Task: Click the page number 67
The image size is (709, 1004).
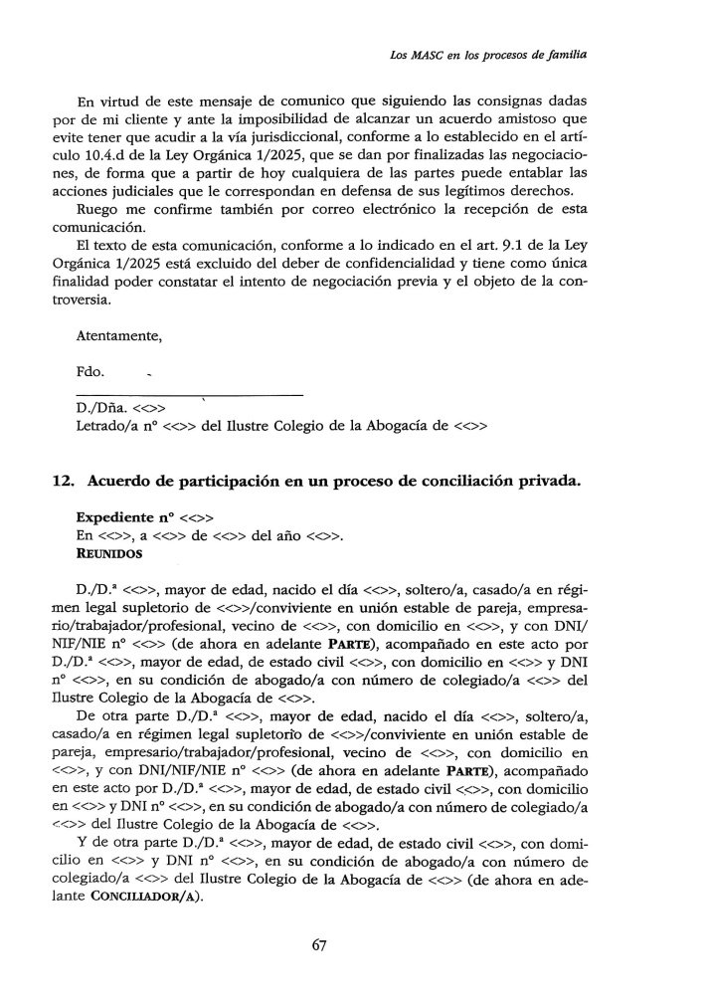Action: [x=318, y=946]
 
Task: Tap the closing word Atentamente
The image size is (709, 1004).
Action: [x=118, y=336]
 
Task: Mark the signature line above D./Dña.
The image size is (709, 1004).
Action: [x=189, y=395]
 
